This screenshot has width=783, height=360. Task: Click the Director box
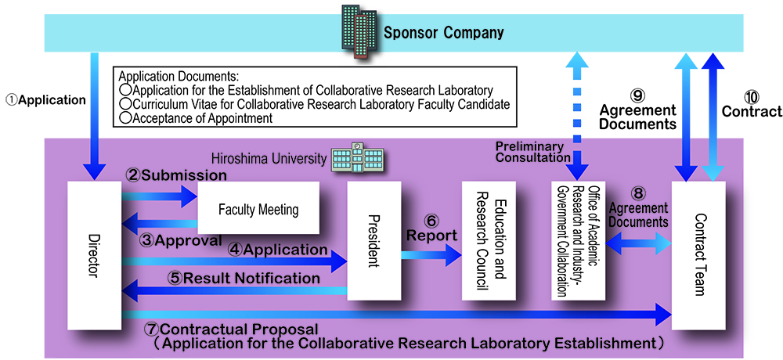(x=94, y=254)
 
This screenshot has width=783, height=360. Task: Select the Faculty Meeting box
(x=258, y=209)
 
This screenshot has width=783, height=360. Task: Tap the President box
(x=373, y=241)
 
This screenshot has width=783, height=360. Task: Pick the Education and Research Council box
(x=490, y=241)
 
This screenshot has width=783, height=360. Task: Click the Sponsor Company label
(x=443, y=33)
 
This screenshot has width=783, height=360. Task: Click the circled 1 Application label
(x=45, y=99)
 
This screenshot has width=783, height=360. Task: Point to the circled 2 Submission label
(x=175, y=175)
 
